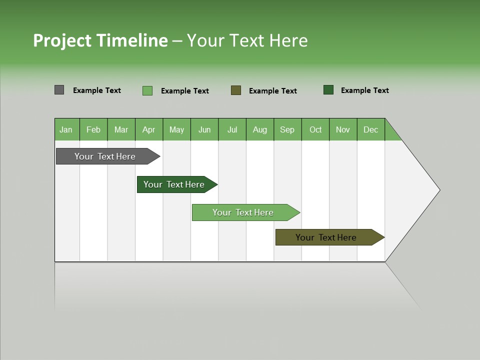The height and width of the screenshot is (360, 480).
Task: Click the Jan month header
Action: [66, 129]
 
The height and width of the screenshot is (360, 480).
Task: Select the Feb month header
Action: [93, 129]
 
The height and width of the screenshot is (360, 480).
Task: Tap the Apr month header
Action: [148, 129]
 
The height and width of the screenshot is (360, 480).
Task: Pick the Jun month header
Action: [204, 129]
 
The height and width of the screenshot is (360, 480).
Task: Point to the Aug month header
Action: [260, 129]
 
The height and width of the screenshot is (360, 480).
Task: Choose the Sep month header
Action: [287, 129]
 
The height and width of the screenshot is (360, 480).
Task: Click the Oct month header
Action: [315, 129]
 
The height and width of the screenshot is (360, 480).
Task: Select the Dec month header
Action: [370, 129]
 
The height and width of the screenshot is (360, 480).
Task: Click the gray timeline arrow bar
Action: [105, 156]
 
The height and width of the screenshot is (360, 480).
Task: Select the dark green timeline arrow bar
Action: [174, 184]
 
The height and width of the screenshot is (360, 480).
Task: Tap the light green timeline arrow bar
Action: [243, 212]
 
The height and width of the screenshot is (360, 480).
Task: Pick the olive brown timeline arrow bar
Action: [326, 237]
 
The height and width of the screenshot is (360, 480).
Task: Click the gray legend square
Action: [59, 90]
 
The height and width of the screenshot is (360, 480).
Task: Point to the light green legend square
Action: [147, 90]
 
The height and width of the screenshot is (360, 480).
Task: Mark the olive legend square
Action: [236, 90]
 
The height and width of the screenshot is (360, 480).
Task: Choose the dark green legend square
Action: [328, 90]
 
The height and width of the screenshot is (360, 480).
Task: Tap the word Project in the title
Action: [62, 40]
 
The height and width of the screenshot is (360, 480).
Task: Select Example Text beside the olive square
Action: [272, 91]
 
